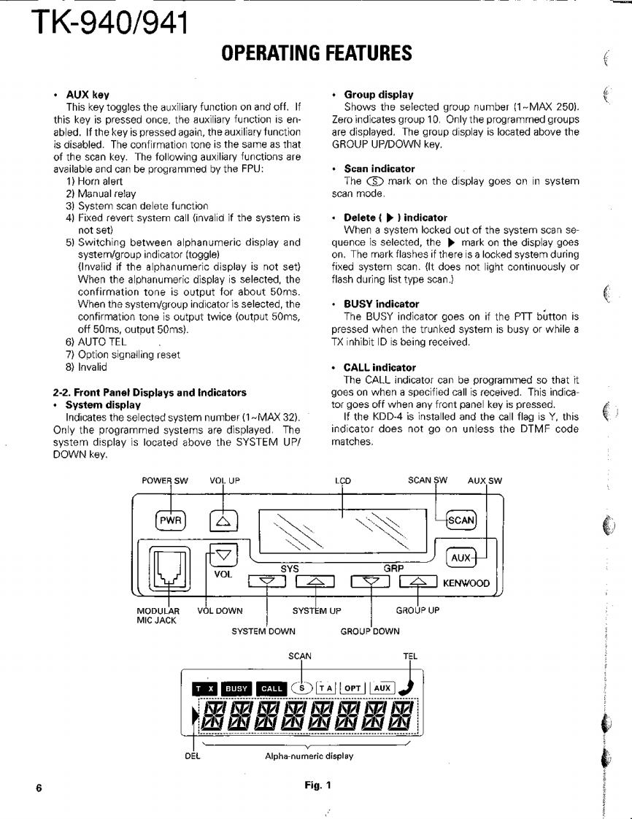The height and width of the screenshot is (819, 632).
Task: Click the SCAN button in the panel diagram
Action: point(460,520)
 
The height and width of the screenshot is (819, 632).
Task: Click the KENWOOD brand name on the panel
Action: point(466,583)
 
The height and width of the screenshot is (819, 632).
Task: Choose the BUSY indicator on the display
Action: point(236,688)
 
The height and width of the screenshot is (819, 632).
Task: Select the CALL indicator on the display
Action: point(271,688)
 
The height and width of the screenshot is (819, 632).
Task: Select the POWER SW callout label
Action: point(165,481)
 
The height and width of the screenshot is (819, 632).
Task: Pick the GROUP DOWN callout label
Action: point(370,631)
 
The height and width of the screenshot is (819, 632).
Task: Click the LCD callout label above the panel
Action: point(343,481)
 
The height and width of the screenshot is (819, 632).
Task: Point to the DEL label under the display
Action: point(193,756)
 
